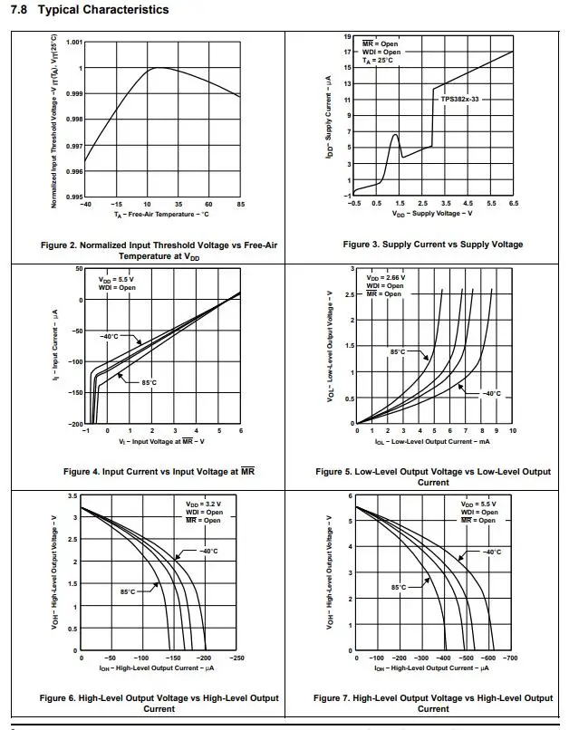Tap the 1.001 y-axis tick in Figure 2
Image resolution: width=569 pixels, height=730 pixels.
click(x=73, y=42)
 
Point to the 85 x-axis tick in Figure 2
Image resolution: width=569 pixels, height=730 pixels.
click(x=240, y=205)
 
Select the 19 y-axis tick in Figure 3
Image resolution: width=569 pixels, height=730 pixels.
click(x=348, y=36)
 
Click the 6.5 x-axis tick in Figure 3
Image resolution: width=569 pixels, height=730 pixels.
click(x=513, y=204)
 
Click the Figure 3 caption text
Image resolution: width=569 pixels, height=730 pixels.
click(x=433, y=245)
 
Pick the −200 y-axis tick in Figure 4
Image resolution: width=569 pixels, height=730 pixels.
click(x=76, y=424)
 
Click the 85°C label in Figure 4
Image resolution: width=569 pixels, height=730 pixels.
click(x=149, y=382)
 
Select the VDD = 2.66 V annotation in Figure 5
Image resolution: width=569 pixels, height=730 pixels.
click(x=385, y=277)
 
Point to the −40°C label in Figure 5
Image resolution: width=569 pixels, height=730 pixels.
click(x=490, y=393)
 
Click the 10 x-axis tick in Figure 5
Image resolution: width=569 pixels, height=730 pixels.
click(x=513, y=431)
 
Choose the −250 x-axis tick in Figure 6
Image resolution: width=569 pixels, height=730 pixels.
click(x=236, y=658)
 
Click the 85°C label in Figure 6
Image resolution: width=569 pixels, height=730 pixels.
click(x=128, y=591)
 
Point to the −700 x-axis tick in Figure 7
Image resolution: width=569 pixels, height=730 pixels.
click(x=510, y=658)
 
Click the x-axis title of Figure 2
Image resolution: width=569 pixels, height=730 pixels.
click(x=161, y=215)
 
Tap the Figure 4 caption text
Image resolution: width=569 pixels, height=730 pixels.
click(x=159, y=472)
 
